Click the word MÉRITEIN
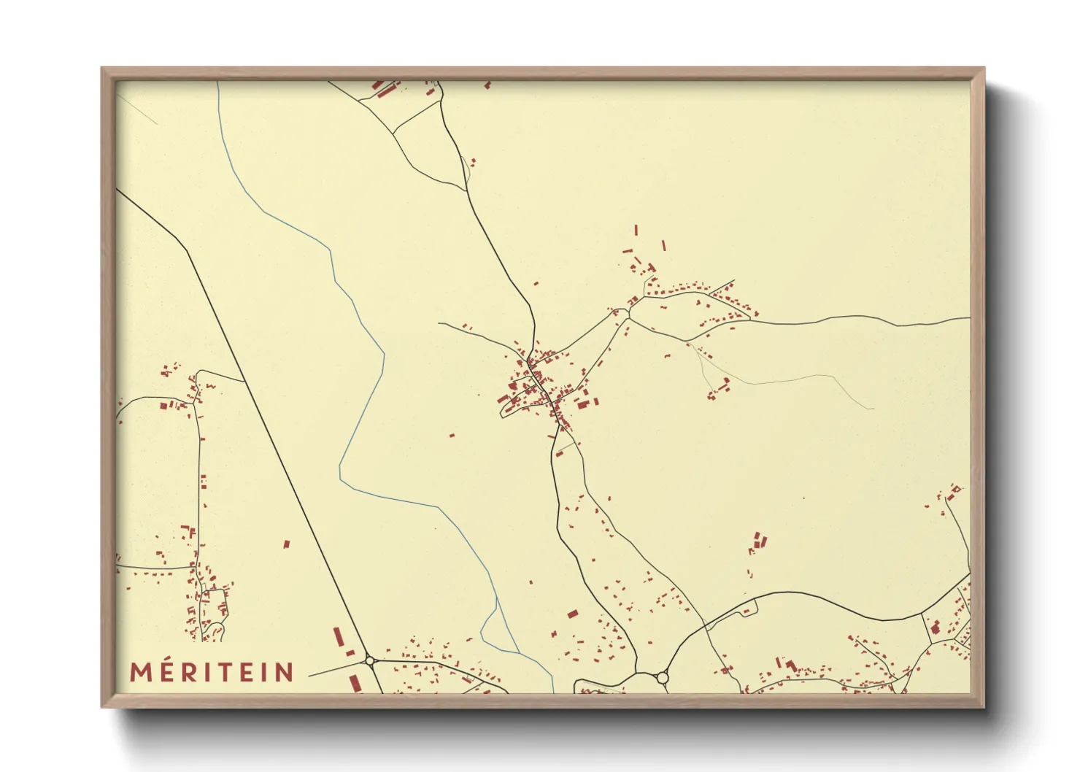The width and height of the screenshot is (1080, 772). (x=212, y=672)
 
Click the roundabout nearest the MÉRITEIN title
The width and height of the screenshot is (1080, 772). (x=370, y=661)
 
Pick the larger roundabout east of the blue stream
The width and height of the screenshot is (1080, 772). (x=663, y=678)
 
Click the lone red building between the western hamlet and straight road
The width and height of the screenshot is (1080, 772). (x=287, y=544)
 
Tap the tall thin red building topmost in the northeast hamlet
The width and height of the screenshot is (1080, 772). (x=636, y=230)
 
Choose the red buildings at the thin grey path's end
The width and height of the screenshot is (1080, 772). (x=718, y=388)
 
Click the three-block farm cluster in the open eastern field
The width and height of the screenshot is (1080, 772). (x=760, y=541)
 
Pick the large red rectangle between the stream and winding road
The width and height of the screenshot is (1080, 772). (x=572, y=614)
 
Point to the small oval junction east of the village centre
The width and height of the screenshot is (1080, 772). (x=625, y=313)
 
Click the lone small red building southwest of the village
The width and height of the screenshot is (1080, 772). (x=452, y=436)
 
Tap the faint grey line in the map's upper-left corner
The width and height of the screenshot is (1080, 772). (x=139, y=109)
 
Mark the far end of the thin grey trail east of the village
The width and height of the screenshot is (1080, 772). (x=873, y=408)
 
